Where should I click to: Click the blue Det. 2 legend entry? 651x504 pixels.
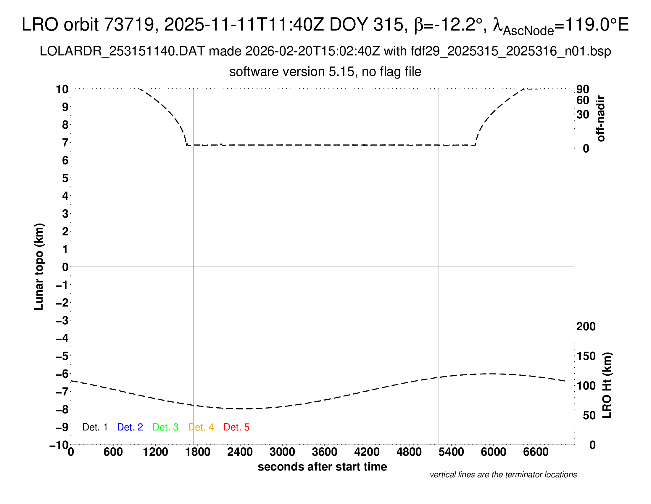coord(130,427)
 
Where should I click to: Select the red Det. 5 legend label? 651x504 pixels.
coord(236,427)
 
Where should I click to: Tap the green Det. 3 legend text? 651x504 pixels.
coord(165,427)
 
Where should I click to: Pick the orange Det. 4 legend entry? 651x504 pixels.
coord(201,427)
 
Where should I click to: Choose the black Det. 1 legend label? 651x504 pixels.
coord(95,427)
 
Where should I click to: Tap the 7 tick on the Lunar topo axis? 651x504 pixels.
coord(65,143)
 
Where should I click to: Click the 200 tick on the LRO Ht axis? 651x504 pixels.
coord(586,327)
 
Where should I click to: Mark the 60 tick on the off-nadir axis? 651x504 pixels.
coord(583,101)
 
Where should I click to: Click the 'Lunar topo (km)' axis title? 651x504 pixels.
coord(39,267)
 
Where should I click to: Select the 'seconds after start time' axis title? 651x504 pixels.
coord(322,467)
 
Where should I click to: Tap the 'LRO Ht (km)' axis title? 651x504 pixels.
coord(607,385)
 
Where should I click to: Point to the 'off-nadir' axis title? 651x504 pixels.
coord(601,119)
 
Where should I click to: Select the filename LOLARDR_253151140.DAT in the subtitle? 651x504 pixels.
coord(122,51)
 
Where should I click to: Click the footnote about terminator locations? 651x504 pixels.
coord(503,475)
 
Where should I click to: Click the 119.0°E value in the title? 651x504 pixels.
coord(596,25)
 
